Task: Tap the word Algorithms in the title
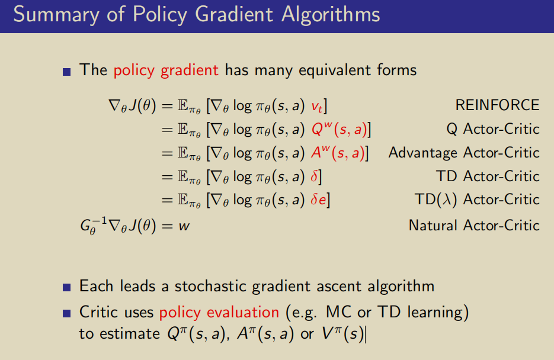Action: click(331, 15)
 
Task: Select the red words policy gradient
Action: click(166, 70)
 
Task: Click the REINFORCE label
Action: click(497, 105)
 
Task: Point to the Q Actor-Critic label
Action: click(493, 129)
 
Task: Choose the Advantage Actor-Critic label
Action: click(464, 153)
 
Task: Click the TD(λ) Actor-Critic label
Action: click(477, 200)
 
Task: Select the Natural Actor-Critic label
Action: click(474, 226)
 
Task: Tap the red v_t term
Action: click(317, 107)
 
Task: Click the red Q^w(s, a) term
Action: click(339, 130)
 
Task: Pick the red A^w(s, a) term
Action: click(338, 153)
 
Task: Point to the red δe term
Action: click(318, 200)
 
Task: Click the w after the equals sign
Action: click(184, 226)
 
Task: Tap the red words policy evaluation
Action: click(219, 313)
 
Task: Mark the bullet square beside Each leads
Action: click(67, 287)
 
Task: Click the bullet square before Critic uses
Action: click(67, 313)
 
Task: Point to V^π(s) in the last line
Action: click(342, 334)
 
